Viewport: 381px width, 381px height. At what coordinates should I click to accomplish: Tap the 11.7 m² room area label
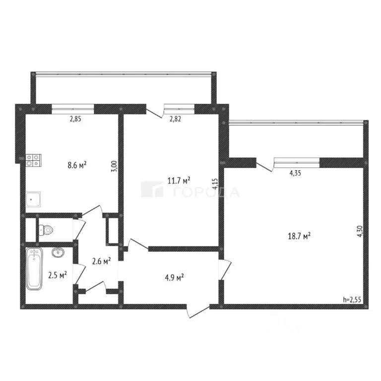[179, 180]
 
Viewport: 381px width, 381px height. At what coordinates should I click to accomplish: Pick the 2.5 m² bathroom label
[58, 274]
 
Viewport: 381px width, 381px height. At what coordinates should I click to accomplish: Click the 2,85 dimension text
[75, 119]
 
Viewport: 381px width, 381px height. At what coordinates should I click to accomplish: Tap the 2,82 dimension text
[176, 119]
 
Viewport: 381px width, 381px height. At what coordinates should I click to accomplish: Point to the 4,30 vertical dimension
[360, 233]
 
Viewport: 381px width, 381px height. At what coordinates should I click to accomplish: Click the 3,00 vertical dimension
[114, 166]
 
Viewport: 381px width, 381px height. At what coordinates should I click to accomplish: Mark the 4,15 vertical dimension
[215, 185]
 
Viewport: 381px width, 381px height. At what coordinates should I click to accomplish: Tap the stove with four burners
[34, 159]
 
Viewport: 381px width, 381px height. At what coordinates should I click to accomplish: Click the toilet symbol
[46, 230]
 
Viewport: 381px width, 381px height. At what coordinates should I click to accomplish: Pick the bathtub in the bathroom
[35, 269]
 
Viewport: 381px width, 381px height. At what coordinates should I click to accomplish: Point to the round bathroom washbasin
[58, 253]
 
